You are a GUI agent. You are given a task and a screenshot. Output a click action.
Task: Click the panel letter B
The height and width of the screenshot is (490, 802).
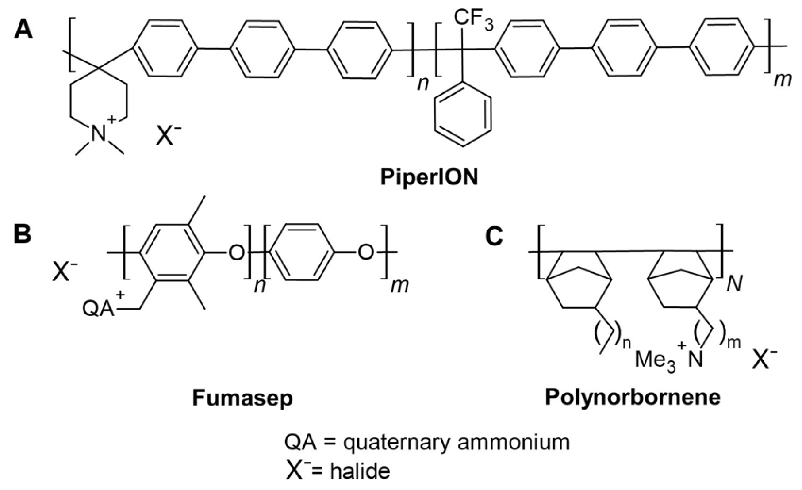click(23, 234)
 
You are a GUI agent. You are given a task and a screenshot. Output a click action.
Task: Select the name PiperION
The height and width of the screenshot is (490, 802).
click(430, 177)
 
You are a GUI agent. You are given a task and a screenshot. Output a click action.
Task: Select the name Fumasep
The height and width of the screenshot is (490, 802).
click(242, 398)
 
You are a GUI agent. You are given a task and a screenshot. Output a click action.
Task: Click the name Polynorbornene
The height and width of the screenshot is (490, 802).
click(633, 397)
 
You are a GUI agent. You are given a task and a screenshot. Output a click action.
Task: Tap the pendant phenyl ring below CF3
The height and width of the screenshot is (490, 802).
click(463, 112)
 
